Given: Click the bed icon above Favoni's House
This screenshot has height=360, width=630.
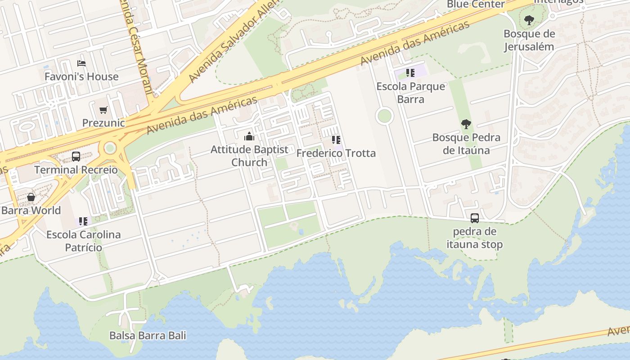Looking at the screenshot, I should click(81, 63).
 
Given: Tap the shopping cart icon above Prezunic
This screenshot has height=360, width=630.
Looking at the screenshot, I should click(103, 109).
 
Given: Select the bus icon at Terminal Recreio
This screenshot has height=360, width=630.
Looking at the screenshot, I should click(76, 157).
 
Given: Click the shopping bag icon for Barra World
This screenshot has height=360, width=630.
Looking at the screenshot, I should click(31, 197).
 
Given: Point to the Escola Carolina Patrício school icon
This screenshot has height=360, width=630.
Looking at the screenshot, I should click(83, 221).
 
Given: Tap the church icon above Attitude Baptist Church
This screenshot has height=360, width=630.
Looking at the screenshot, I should click(249, 136).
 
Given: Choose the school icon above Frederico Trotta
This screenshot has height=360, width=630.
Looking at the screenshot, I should click(336, 140).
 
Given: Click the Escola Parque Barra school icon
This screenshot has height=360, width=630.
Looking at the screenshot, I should click(410, 72).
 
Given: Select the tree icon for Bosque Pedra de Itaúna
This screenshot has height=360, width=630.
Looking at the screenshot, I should click(466, 124).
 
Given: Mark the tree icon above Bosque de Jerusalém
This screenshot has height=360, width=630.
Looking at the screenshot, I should click(529, 20).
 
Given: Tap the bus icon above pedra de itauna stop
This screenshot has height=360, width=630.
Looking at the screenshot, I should click(474, 218).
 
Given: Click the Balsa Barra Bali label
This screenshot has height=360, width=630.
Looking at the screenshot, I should click(148, 336).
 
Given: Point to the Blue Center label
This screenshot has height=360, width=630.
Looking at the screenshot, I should click(476, 4).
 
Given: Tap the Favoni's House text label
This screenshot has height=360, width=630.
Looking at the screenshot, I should click(81, 76).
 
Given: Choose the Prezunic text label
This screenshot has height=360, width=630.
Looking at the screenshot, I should click(103, 123).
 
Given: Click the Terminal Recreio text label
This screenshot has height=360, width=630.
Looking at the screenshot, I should click(76, 170).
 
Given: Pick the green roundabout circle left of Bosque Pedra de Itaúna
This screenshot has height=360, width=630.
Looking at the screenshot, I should click(384, 116).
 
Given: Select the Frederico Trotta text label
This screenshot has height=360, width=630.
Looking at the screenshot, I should click(336, 153).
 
